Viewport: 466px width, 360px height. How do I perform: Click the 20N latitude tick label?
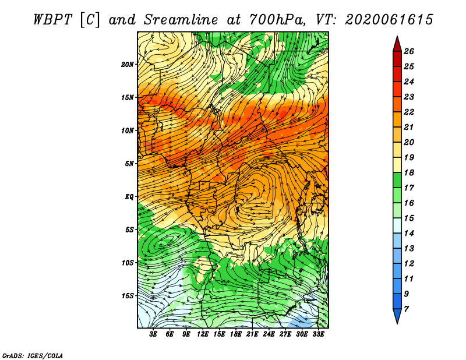point(128,65)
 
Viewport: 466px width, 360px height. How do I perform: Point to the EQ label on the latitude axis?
point(129,197)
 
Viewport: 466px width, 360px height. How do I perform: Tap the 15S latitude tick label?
point(128,296)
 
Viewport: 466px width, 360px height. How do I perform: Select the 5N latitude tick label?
point(129,164)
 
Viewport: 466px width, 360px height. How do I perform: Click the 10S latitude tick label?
point(128,263)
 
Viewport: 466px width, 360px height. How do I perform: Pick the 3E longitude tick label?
point(153,334)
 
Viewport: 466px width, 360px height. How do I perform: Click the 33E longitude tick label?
point(318,334)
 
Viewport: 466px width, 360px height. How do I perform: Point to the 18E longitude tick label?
point(236,334)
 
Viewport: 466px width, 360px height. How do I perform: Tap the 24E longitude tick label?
point(269,334)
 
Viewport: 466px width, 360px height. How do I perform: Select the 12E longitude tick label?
point(203,334)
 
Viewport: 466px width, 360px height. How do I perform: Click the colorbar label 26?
point(409,51)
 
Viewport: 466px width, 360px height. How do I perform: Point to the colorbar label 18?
point(409,172)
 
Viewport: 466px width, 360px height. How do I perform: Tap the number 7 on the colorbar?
point(406,309)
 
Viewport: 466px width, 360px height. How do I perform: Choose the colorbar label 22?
point(409,112)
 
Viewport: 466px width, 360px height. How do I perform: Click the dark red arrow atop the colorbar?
point(397,44)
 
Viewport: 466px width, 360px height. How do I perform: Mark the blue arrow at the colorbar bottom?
point(397,316)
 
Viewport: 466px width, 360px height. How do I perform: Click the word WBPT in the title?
point(52,20)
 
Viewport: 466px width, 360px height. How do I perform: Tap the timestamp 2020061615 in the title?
point(389,20)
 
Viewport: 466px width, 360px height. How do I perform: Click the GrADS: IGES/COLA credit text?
point(33,356)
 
